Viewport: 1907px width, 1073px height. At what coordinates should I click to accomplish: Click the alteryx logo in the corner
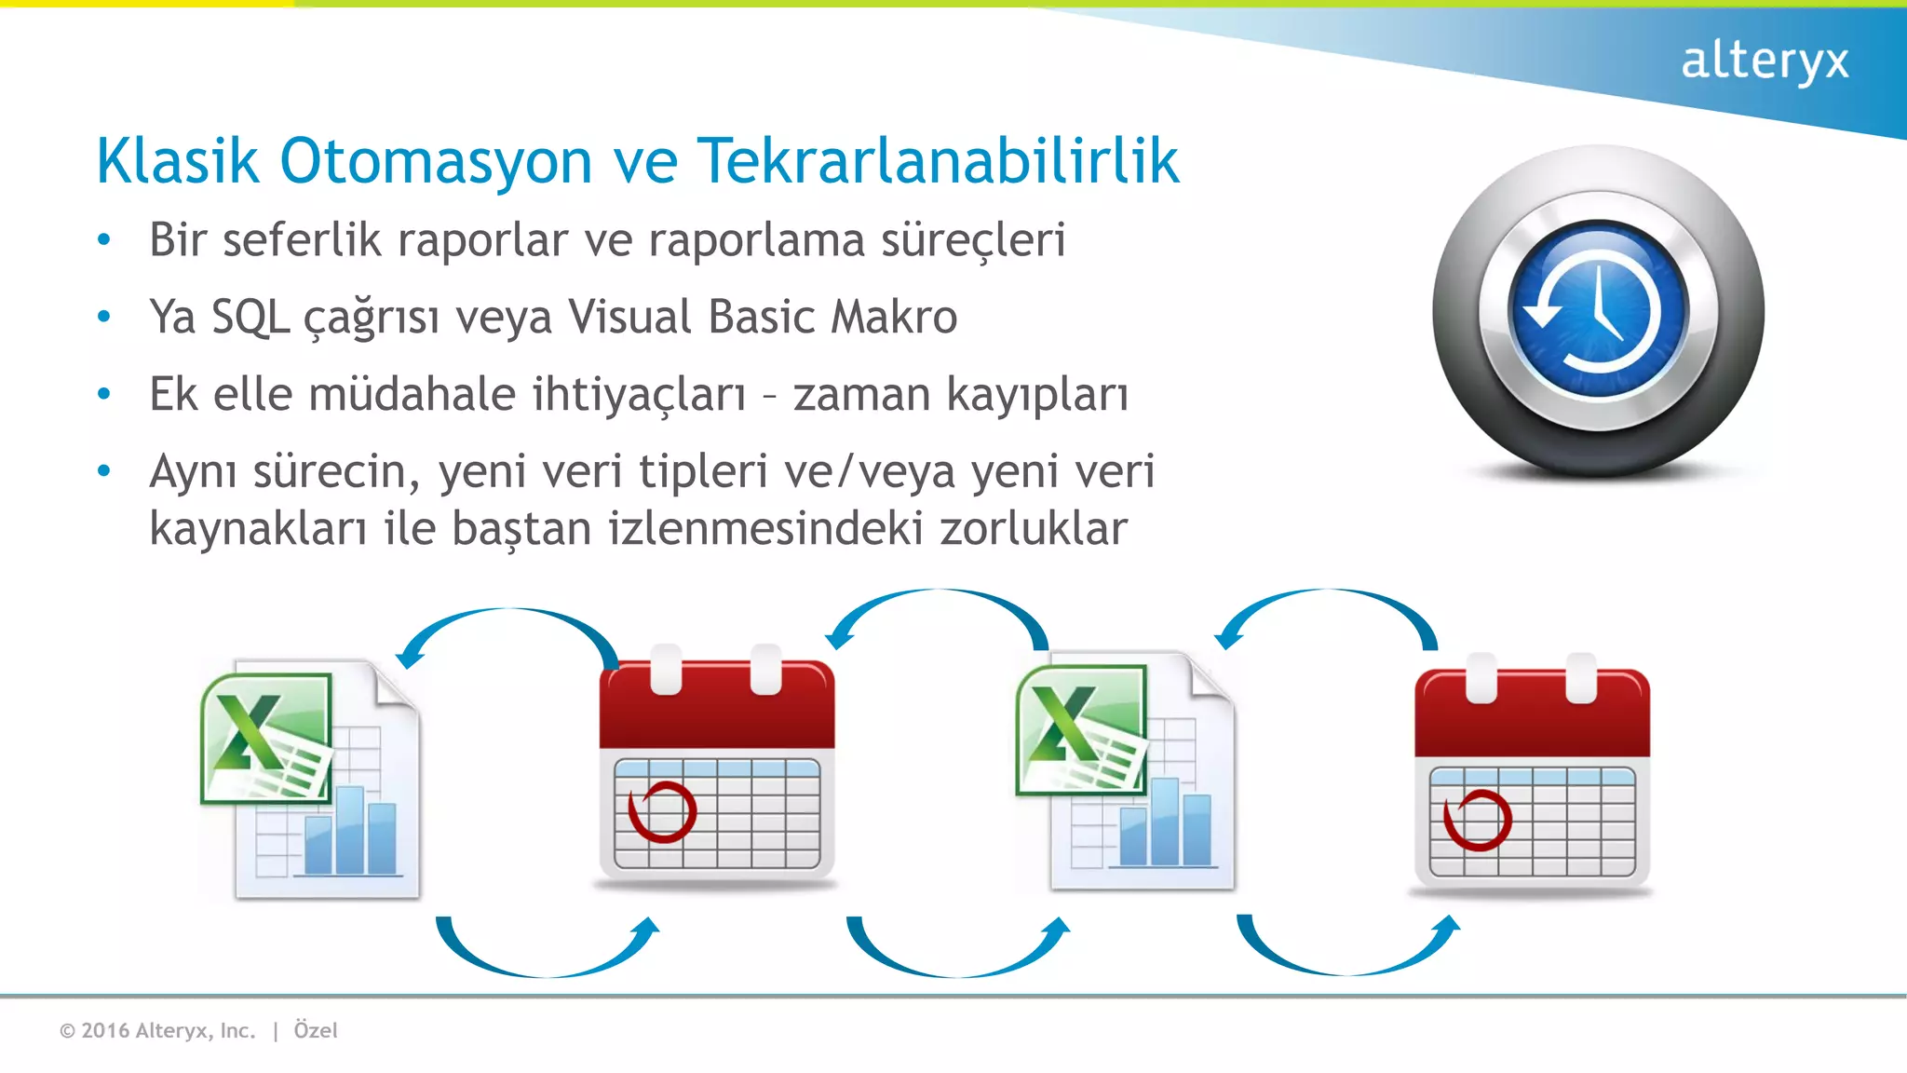point(1764,61)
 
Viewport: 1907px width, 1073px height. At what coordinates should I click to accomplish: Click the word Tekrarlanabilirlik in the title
point(938,161)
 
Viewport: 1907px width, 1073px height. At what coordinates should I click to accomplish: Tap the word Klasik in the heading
point(177,161)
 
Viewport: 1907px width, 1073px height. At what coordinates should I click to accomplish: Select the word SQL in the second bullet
point(250,317)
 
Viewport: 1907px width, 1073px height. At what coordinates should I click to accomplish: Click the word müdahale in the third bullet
point(412,394)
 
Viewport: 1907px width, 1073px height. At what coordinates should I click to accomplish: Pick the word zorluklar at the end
point(1034,529)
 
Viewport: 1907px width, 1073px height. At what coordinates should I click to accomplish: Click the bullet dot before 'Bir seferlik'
point(104,240)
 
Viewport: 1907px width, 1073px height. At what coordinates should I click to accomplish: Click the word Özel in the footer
point(316,1030)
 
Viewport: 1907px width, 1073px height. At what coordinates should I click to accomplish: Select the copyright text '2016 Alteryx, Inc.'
point(168,1030)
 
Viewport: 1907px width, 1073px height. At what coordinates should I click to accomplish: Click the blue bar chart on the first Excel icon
point(350,834)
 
